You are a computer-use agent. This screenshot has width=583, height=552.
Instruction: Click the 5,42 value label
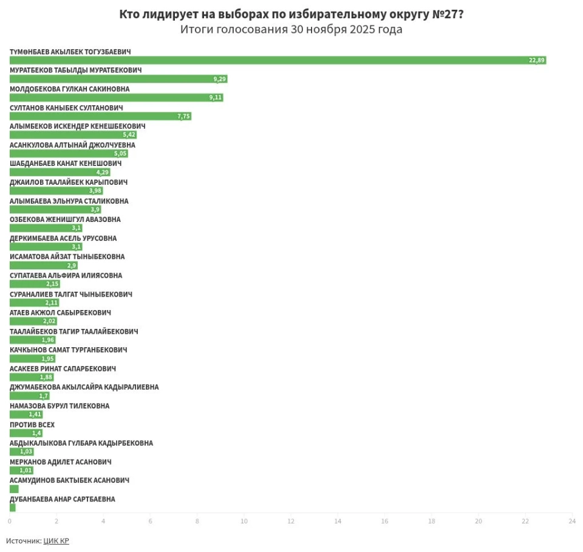tap(129, 135)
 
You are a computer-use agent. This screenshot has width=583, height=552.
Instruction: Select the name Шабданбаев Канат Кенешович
tap(66, 164)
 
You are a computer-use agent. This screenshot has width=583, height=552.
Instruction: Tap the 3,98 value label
tap(95, 191)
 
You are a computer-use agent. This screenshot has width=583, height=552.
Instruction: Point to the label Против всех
tap(32, 424)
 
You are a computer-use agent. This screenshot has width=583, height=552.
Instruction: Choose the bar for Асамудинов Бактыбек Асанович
tap(14, 489)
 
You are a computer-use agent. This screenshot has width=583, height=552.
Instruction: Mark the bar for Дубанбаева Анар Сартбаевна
tap(13, 508)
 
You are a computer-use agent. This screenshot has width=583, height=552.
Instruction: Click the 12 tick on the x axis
tap(291, 521)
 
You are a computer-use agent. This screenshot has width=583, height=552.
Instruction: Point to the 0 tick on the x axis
tap(10, 521)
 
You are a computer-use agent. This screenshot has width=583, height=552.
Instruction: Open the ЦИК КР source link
tap(56, 540)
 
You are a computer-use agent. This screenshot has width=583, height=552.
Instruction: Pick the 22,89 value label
tap(537, 60)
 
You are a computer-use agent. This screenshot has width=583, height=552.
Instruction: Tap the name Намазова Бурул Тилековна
tap(60, 406)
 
